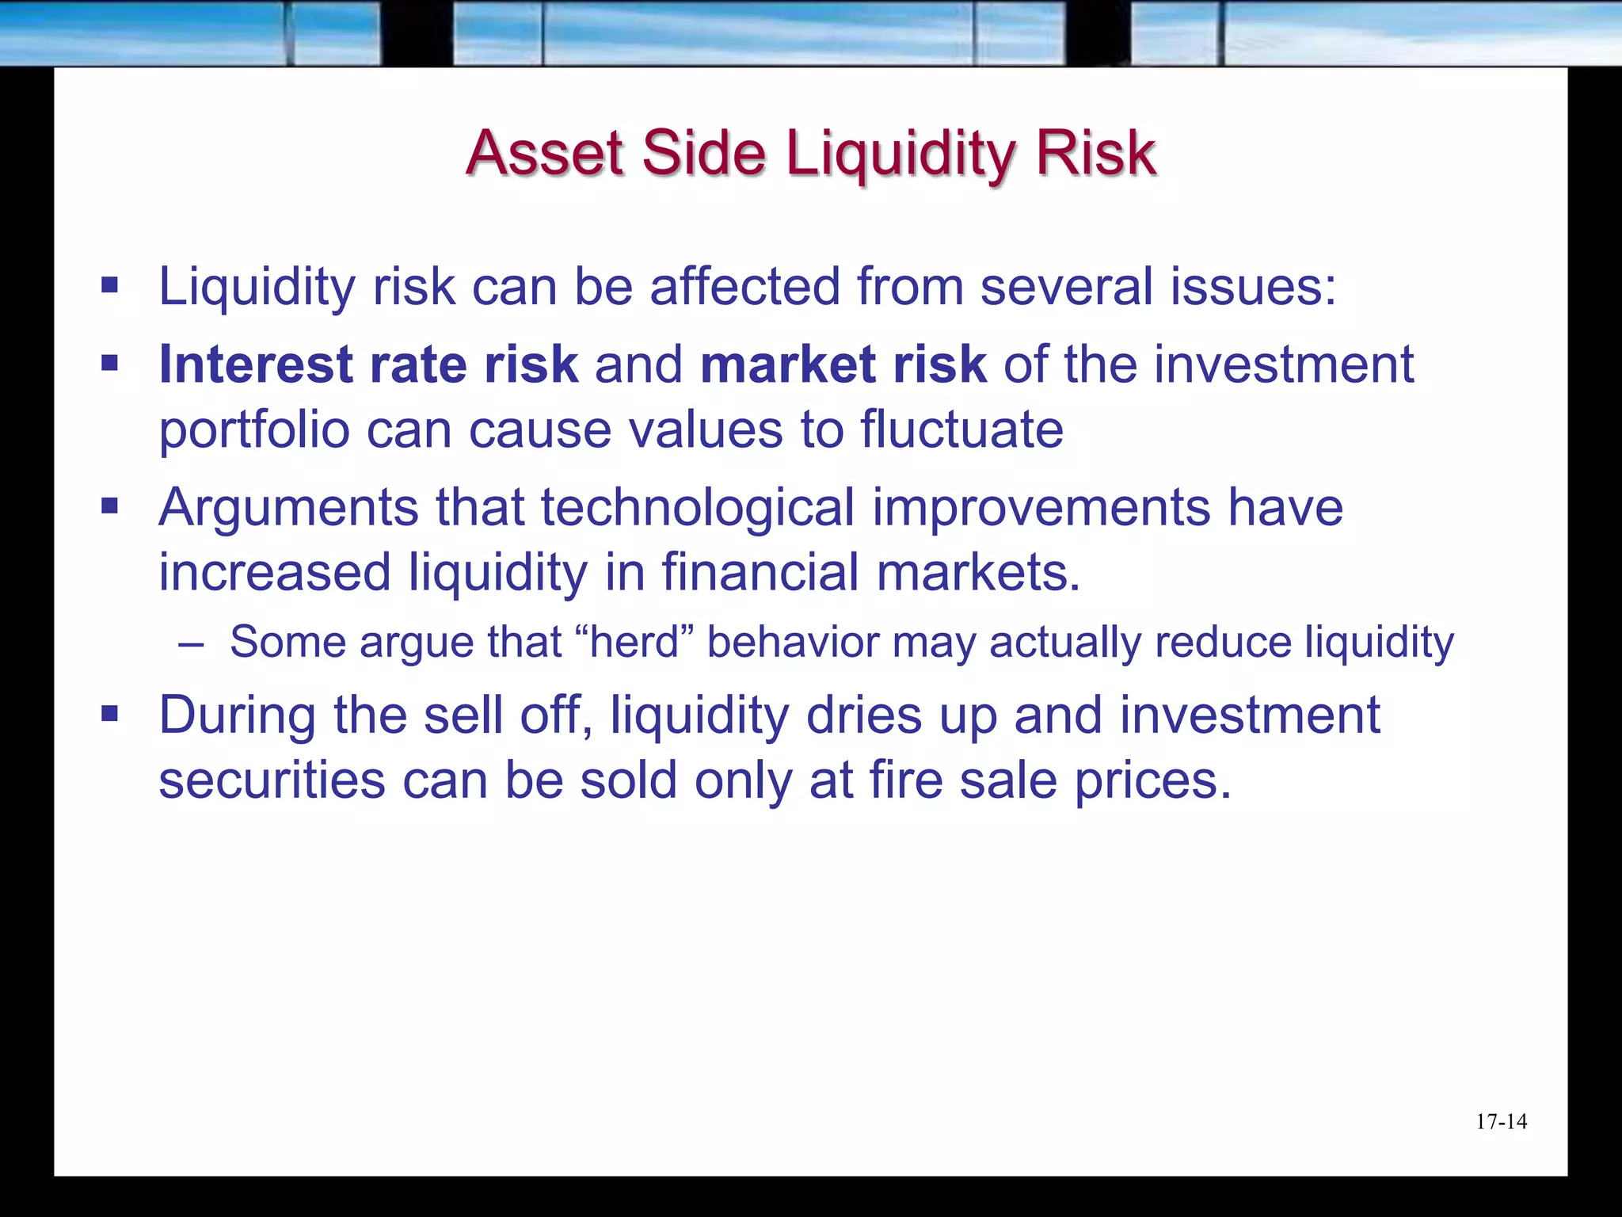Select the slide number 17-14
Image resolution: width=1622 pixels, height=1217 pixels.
pos(1501,1122)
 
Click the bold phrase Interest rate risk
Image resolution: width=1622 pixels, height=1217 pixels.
pos(368,364)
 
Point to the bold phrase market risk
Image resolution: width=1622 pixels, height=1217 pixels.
pos(843,364)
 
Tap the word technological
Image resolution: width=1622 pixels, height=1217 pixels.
pos(698,507)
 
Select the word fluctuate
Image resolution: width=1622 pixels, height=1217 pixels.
pos(961,429)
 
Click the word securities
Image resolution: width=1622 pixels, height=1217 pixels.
pos(272,780)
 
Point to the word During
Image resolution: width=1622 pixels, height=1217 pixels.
pos(237,715)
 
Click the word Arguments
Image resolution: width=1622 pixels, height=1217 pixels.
pos(287,509)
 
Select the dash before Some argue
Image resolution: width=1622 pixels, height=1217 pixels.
pos(191,643)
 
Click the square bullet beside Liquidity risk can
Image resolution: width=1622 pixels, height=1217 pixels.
pos(109,285)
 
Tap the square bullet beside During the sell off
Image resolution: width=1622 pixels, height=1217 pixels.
pos(109,715)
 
